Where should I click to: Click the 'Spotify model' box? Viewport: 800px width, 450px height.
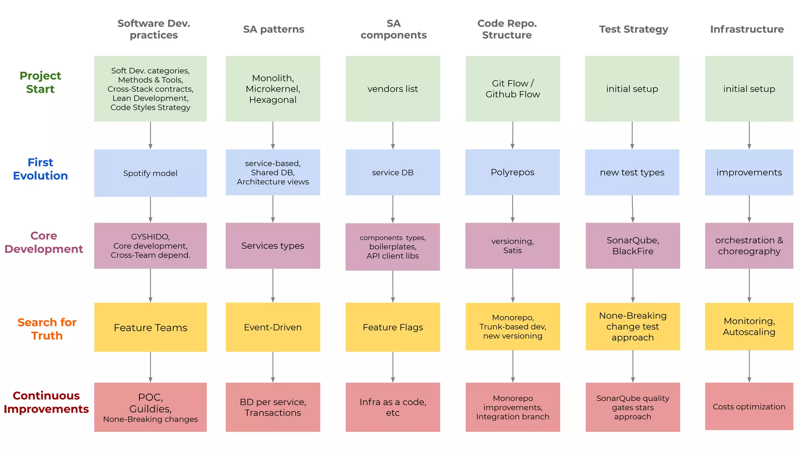click(150, 173)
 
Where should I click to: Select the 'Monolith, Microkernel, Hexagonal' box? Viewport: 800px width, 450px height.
click(273, 89)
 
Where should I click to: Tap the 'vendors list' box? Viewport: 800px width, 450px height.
click(393, 89)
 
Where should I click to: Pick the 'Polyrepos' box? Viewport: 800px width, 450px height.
click(512, 172)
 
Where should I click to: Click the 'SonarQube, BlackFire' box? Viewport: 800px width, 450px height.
click(632, 246)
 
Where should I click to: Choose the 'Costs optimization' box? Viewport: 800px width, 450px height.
click(749, 407)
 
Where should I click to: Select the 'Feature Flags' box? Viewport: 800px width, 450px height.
click(393, 327)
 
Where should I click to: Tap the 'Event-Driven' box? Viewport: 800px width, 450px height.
click(273, 327)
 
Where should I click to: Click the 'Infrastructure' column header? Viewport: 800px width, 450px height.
click(746, 29)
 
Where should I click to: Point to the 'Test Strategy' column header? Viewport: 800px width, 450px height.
click(633, 29)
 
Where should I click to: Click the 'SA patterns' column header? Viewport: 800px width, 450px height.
click(273, 29)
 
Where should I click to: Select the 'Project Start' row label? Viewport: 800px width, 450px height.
click(40, 82)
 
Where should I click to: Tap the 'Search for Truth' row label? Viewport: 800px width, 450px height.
click(47, 329)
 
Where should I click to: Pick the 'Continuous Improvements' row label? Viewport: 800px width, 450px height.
click(46, 402)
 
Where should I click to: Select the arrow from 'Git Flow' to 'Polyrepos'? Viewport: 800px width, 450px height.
click(512, 135)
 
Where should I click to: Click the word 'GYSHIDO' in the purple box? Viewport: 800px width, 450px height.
click(150, 237)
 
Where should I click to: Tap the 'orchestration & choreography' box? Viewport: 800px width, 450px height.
click(749, 246)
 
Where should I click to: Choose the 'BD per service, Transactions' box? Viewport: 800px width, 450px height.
click(273, 407)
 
